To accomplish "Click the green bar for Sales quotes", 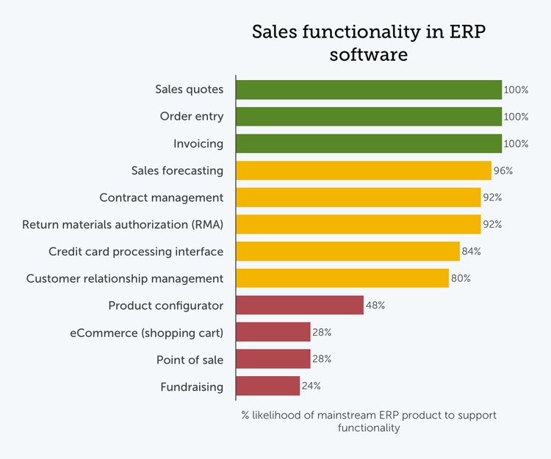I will [369, 90].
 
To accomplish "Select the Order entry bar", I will [369, 117].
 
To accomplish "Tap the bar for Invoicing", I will [369, 143].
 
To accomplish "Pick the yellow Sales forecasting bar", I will [364, 170].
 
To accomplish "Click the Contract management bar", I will [359, 198].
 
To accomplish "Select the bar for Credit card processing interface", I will [347, 251].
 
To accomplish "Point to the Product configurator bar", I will [300, 306].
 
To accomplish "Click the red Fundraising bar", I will [268, 386].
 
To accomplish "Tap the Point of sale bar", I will [273, 359].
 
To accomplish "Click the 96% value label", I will [503, 171].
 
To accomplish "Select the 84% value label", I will [472, 252].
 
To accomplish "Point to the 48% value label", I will [375, 306].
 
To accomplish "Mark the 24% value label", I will [311, 386].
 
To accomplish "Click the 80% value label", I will [461, 279].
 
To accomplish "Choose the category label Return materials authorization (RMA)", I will [123, 225].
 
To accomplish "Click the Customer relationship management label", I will [125, 279].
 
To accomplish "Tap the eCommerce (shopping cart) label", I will [147, 333].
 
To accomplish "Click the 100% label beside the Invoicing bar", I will [516, 144].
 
